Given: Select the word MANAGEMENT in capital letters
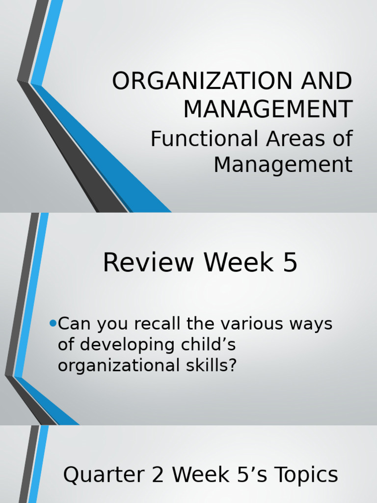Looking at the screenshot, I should pos(268,109).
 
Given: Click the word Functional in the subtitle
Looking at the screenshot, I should pos(205,139).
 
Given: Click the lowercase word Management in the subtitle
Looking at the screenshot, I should pos(283,165).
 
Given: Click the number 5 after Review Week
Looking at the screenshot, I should pos(290,263).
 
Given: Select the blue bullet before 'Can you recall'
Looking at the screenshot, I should pos(53,323).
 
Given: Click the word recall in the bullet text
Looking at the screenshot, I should pos(173,324).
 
